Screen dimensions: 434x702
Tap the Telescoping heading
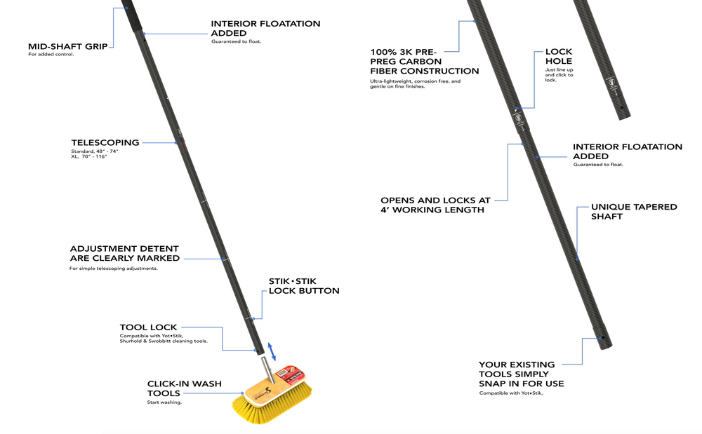105,142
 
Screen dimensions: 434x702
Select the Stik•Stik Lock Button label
304,286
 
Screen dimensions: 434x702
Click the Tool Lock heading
148,327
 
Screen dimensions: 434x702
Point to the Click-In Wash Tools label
184,388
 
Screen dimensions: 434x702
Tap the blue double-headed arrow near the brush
273,352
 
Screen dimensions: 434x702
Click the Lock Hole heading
559,56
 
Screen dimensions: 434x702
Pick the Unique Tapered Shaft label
634,212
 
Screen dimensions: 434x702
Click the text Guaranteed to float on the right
598,165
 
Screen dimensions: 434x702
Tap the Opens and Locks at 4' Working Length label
435,205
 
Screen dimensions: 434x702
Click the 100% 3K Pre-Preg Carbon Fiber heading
425,61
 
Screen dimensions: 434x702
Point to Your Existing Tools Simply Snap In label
522,374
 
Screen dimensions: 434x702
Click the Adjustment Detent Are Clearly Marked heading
124,253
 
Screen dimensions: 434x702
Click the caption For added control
51,55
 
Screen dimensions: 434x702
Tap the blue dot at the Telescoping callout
176,143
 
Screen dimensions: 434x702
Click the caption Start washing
164,402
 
